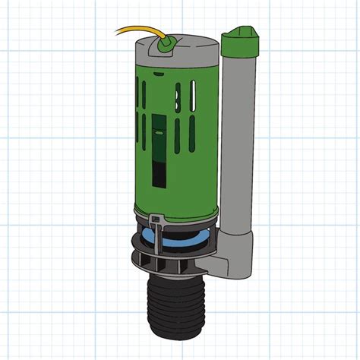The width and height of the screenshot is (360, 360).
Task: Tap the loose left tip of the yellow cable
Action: [118, 31]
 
